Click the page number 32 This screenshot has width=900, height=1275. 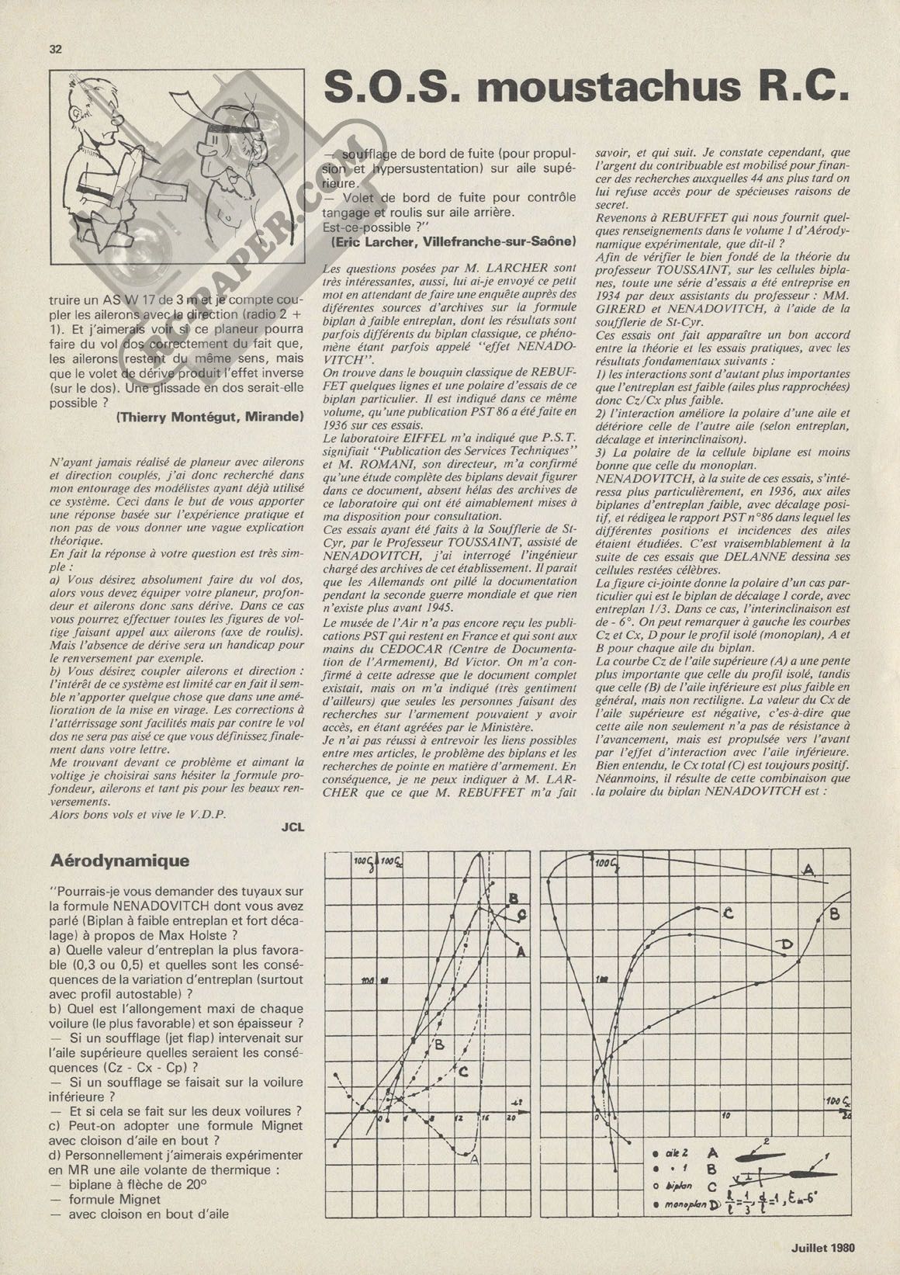pos(55,48)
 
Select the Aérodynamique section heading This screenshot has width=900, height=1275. pos(109,861)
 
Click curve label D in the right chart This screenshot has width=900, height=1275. pos(786,944)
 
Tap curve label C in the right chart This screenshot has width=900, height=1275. pos(728,913)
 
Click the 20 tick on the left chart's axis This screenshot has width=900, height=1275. pos(511,1117)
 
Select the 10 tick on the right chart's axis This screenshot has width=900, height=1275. pos(726,1116)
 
